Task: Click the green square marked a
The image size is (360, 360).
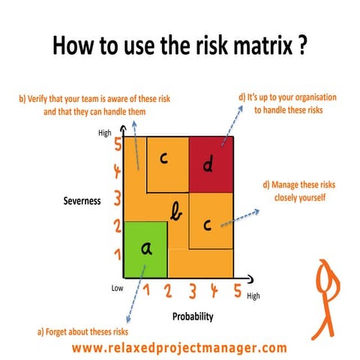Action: (x=146, y=250)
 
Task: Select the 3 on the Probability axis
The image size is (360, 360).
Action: (x=193, y=290)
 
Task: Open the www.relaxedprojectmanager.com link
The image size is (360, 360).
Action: (x=179, y=347)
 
